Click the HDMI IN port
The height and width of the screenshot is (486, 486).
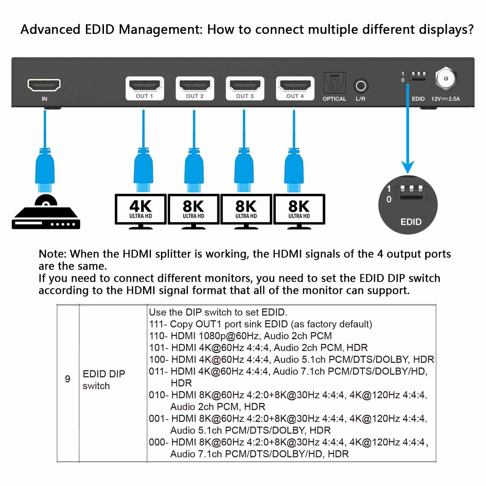coord(44,85)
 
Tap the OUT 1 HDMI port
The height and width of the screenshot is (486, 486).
coord(144,85)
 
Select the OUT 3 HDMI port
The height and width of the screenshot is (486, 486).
coord(245,85)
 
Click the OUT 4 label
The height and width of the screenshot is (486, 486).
coord(295,96)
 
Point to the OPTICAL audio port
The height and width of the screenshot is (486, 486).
coord(334,83)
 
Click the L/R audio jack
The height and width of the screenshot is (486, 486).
coord(360,86)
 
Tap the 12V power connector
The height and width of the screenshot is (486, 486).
coord(446,78)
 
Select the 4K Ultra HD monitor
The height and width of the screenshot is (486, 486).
coord(141,209)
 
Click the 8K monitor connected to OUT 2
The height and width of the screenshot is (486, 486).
coord(193,209)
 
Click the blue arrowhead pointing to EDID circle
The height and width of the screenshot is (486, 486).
coord(407,167)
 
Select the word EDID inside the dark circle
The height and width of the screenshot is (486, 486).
coord(411,222)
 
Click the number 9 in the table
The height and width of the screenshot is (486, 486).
coord(67,379)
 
